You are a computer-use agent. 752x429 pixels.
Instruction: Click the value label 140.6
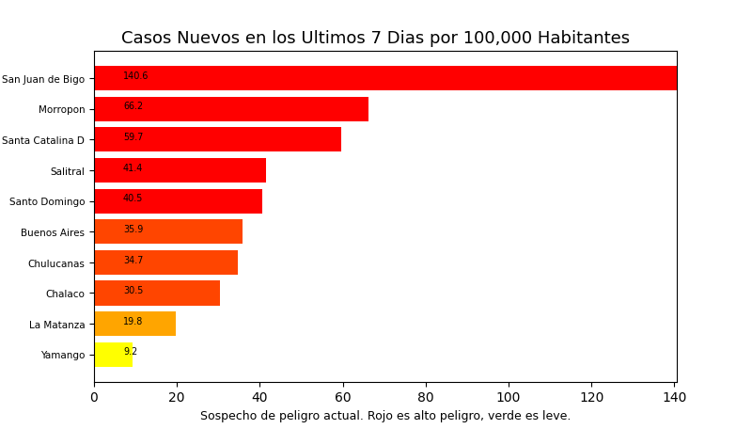point(135,76)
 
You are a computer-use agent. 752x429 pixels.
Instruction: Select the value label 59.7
point(133,137)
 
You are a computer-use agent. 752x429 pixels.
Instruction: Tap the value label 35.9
point(133,230)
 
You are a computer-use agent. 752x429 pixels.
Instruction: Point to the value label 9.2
point(130,352)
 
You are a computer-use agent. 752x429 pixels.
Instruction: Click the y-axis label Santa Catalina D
point(43,140)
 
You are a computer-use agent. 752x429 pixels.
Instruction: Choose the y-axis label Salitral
point(67,171)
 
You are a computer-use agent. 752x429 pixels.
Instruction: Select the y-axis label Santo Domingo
point(47,201)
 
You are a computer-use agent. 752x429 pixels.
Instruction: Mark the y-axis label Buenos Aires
point(53,232)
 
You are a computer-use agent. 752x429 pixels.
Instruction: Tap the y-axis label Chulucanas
point(56,263)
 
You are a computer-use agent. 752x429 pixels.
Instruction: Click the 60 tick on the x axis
point(343,398)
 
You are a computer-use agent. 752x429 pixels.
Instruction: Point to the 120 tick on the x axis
point(591,398)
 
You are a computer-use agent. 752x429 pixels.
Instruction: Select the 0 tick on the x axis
point(94,398)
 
